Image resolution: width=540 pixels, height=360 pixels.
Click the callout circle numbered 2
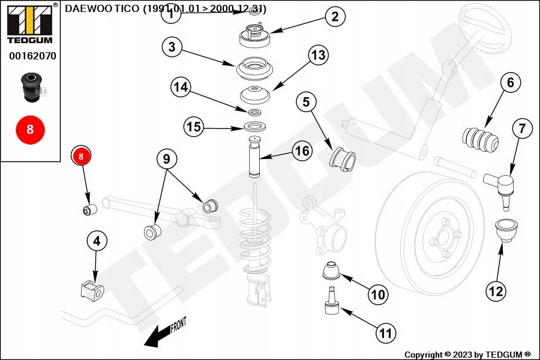(335, 17)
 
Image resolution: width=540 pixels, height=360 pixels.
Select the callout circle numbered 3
(172, 48)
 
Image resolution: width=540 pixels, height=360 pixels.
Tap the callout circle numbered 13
(318, 56)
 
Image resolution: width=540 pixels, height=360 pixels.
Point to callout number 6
(511, 83)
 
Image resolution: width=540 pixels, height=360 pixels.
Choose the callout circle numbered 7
(522, 128)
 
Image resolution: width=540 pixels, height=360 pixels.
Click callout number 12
(496, 292)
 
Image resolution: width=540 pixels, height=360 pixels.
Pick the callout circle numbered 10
(378, 295)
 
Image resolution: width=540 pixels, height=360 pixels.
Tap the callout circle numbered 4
(97, 242)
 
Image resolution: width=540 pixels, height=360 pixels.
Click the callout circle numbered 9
(167, 159)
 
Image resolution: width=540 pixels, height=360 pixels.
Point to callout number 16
(303, 151)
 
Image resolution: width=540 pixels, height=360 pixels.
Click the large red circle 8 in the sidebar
(30, 129)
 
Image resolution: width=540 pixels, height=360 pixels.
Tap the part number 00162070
(32, 56)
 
